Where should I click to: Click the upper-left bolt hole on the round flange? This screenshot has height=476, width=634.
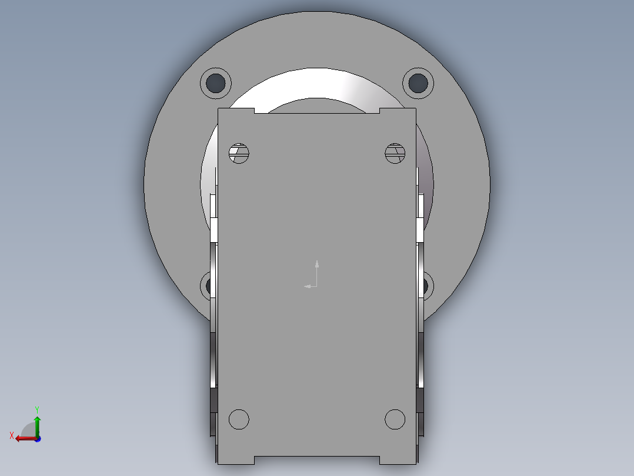tap(216, 82)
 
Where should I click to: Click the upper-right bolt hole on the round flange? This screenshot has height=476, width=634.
tap(418, 82)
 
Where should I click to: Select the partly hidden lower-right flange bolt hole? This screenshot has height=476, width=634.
tap(427, 286)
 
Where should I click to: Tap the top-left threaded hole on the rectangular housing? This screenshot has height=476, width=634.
tap(239, 153)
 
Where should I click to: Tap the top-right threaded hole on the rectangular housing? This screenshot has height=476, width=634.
tap(395, 153)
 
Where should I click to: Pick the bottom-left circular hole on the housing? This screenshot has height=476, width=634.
tap(239, 419)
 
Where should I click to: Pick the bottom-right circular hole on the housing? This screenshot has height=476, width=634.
tap(395, 419)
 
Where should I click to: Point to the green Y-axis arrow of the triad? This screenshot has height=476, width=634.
tap(37, 423)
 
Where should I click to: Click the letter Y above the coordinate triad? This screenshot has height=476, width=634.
tap(36, 409)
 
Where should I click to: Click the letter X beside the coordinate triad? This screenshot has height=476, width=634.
tap(11, 435)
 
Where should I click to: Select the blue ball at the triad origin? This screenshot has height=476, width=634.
tap(37, 438)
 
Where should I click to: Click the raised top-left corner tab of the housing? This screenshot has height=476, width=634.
tap(236, 111)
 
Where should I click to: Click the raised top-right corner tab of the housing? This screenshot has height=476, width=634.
tap(398, 111)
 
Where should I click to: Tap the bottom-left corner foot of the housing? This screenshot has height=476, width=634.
tap(236, 460)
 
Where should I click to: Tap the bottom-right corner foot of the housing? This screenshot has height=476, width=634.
tap(398, 460)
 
